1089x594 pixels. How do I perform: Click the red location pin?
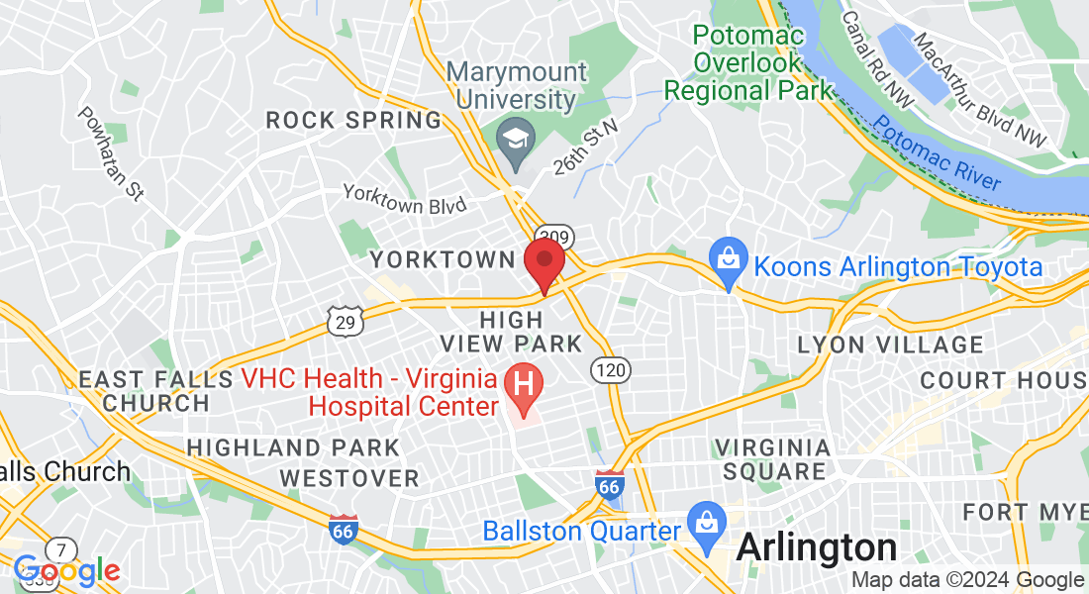pyautogui.click(x=544, y=262)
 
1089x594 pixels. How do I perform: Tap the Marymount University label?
pyautogui.click(x=516, y=86)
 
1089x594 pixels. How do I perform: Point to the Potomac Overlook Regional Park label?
pyautogui.click(x=749, y=63)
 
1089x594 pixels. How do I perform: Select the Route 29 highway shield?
pyautogui.click(x=346, y=320)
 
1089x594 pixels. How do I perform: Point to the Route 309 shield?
pyautogui.click(x=553, y=234)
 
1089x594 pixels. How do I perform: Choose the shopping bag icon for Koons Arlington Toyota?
pyautogui.click(x=728, y=263)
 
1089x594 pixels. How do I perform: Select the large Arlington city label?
pyautogui.click(x=817, y=546)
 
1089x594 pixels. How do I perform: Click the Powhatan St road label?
pyautogui.click(x=111, y=153)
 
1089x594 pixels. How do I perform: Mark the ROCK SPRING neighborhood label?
pyautogui.click(x=353, y=121)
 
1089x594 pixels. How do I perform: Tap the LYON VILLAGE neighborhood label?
pyautogui.click(x=890, y=345)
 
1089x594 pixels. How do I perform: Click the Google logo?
pyautogui.click(x=66, y=571)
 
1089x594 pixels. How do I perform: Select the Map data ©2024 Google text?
pyautogui.click(x=968, y=580)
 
